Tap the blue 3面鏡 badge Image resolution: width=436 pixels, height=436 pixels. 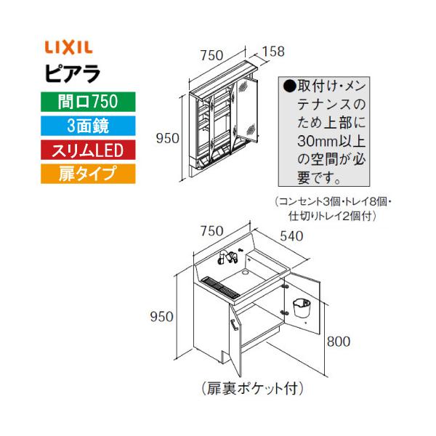pos(80,124)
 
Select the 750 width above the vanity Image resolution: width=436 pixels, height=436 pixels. pos(211,231)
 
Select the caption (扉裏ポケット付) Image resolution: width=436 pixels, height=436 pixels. pos(251,389)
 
